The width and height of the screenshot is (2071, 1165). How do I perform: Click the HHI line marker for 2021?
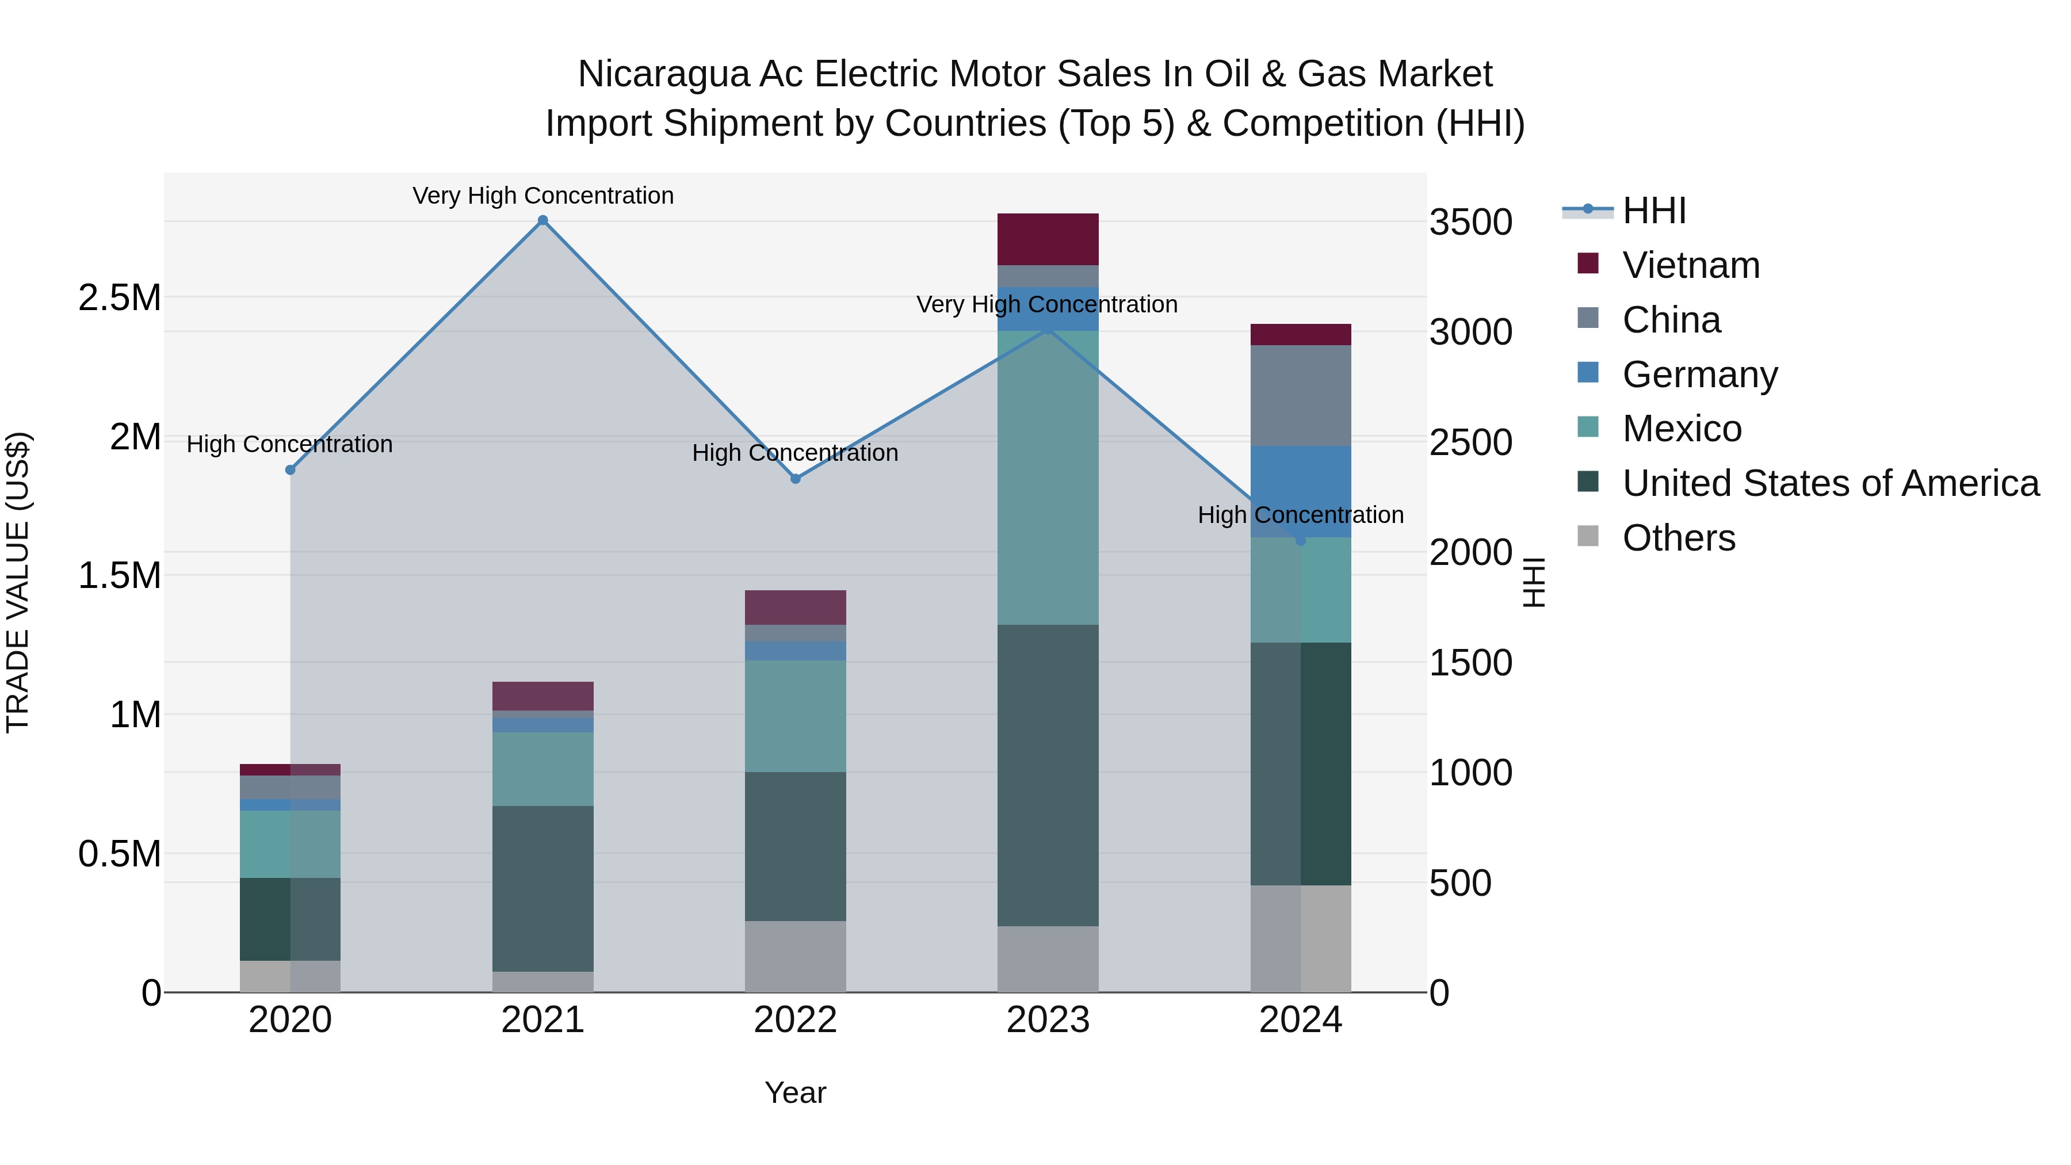coord(542,220)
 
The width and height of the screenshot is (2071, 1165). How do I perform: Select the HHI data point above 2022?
coord(795,479)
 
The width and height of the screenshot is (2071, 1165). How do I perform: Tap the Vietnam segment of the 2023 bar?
coord(1048,239)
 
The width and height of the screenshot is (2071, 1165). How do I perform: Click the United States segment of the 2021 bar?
coord(542,888)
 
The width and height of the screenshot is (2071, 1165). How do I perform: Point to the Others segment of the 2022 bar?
coord(795,956)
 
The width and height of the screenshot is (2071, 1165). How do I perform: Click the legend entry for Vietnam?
coord(1690,265)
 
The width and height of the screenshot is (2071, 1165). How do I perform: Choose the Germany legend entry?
coord(1699,375)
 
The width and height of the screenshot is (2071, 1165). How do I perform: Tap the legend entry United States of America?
coord(1830,483)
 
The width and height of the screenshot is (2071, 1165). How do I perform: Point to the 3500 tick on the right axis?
coord(1470,222)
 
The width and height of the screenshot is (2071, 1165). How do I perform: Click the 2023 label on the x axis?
coord(1048,1019)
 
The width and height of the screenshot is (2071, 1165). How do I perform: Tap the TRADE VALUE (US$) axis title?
coord(18,582)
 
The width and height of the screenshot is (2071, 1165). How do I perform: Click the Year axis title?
coord(795,1093)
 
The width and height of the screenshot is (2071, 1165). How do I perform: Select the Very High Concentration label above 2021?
coord(542,196)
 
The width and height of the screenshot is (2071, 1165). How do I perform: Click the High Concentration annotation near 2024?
coord(1300,514)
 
